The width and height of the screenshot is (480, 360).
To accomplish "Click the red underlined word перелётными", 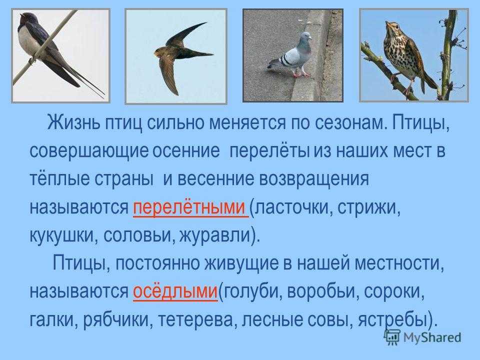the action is pyautogui.click(x=189, y=207).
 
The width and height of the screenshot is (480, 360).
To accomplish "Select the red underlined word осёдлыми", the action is pyautogui.click(x=175, y=291).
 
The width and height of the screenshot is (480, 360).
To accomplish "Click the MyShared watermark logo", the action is pyautogui.click(x=423, y=337).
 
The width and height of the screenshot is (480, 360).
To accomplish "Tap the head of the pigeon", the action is pyautogui.click(x=304, y=38).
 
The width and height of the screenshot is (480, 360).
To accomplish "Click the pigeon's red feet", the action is pyautogui.click(x=301, y=74).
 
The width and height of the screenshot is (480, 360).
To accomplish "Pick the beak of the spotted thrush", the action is pyautogui.click(x=387, y=23).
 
